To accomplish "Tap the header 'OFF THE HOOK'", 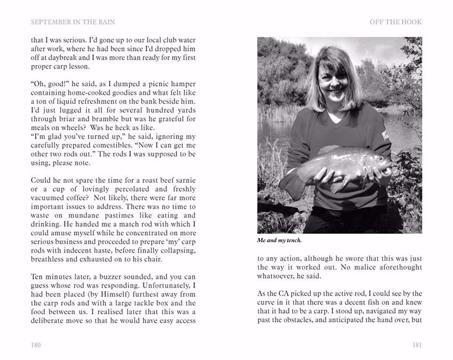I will [396, 22].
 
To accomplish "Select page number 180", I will [36, 345].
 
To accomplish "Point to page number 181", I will [417, 345].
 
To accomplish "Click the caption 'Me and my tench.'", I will [279, 240].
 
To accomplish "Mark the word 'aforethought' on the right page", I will [398, 267].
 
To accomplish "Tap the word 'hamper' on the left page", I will [184, 84].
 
